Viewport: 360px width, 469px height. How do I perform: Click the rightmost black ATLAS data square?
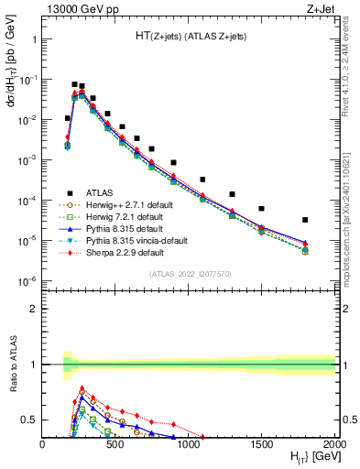click(x=305, y=220)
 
